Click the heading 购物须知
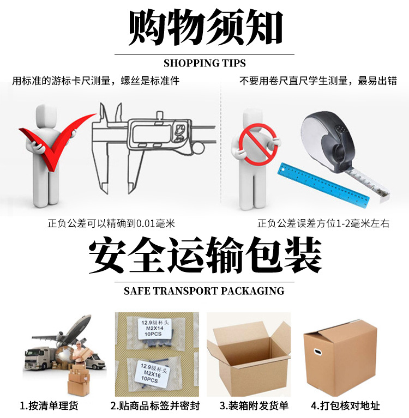point(204,28)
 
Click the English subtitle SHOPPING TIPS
point(204,63)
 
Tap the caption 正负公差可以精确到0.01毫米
point(112,223)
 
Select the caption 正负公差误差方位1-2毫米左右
point(323,223)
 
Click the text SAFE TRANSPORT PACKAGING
point(204,291)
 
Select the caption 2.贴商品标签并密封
point(155,406)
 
